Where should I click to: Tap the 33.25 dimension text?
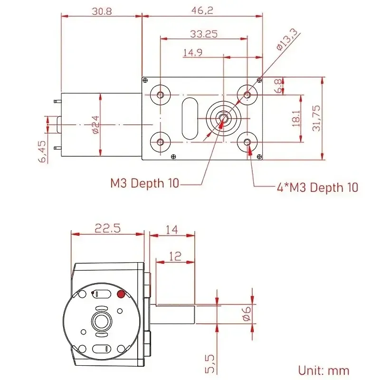(x=204, y=34)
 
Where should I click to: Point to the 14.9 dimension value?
(x=193, y=53)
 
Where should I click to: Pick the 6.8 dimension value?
(x=277, y=86)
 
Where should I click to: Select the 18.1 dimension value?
(x=295, y=118)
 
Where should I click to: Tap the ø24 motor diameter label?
(x=95, y=124)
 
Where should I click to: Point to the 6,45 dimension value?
(x=42, y=152)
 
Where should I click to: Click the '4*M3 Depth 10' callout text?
(x=317, y=187)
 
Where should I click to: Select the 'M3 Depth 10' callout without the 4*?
(x=145, y=183)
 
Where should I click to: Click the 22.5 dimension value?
(x=107, y=228)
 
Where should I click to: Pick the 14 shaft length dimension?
(x=171, y=229)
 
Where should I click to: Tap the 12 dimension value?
(x=175, y=256)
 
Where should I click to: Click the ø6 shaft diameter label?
(x=246, y=313)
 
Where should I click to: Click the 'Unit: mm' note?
(x=323, y=370)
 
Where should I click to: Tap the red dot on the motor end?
(x=121, y=294)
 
